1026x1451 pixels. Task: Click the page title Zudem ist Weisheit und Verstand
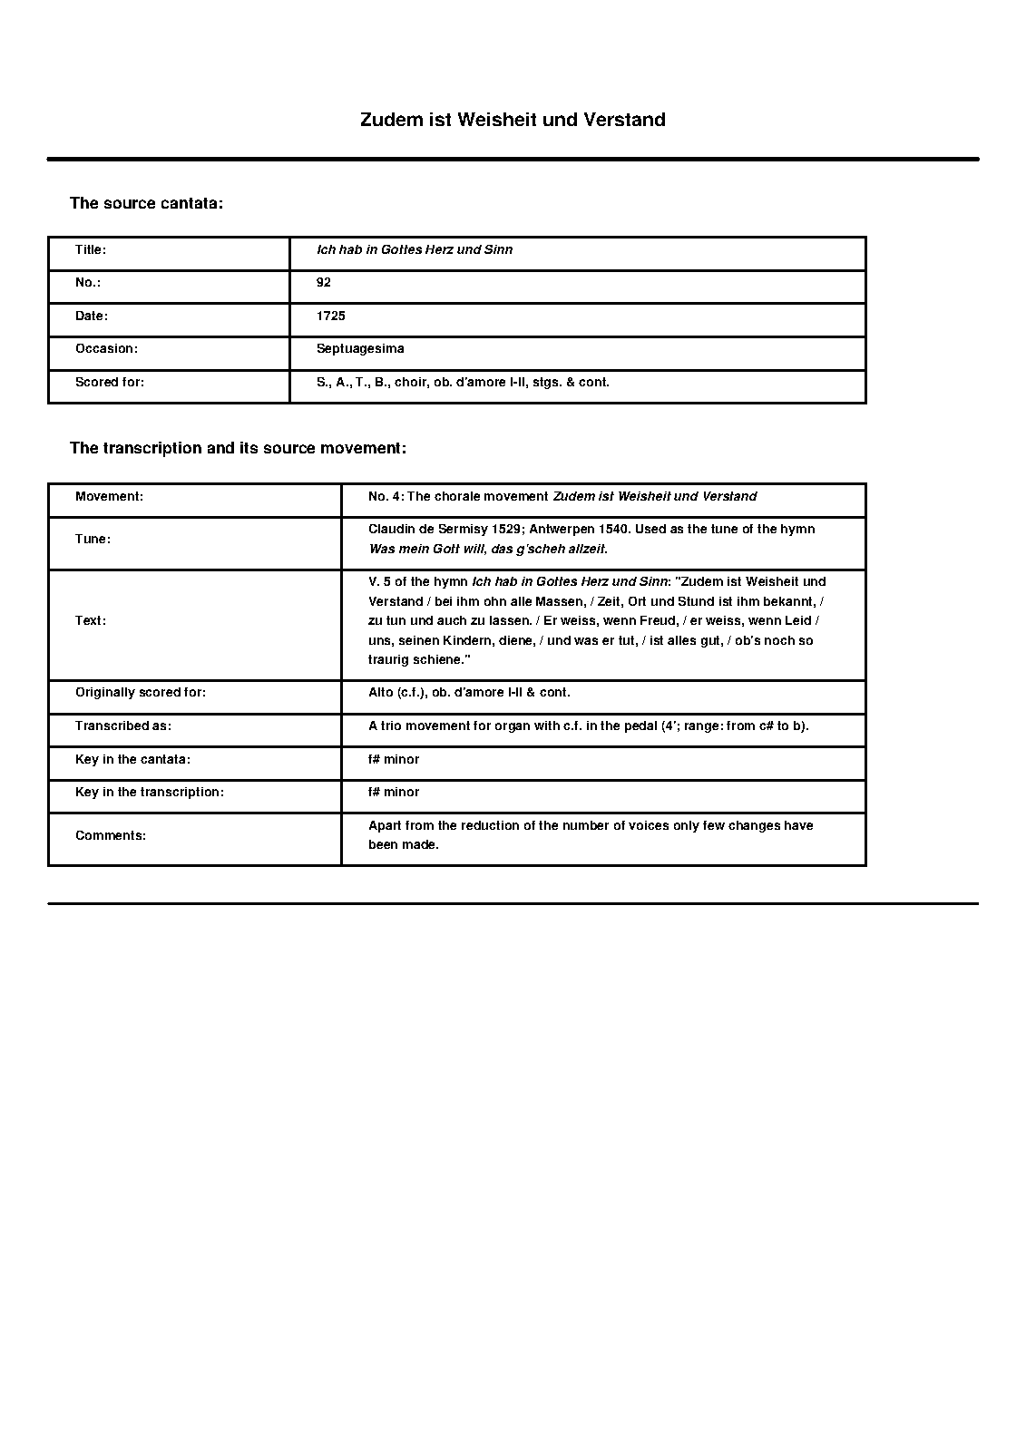point(513,120)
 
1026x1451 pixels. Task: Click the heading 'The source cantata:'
point(146,203)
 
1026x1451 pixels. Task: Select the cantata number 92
point(324,282)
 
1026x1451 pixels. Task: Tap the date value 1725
point(331,316)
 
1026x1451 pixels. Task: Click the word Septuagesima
point(360,348)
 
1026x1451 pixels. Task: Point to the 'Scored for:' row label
point(110,382)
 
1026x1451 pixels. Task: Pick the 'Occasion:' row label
point(106,348)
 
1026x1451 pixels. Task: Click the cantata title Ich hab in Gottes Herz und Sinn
point(415,249)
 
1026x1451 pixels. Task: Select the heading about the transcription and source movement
point(238,448)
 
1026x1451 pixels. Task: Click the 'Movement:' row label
point(109,496)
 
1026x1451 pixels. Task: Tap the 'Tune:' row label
point(93,539)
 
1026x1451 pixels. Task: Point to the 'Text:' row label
point(91,620)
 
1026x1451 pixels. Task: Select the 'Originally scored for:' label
point(141,692)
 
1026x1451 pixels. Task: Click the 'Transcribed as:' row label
point(123,725)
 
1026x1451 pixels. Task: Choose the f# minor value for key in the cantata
point(394,759)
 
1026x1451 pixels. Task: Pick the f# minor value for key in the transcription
point(394,792)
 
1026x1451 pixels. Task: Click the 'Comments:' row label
point(111,835)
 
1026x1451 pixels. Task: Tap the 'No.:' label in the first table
point(87,282)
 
